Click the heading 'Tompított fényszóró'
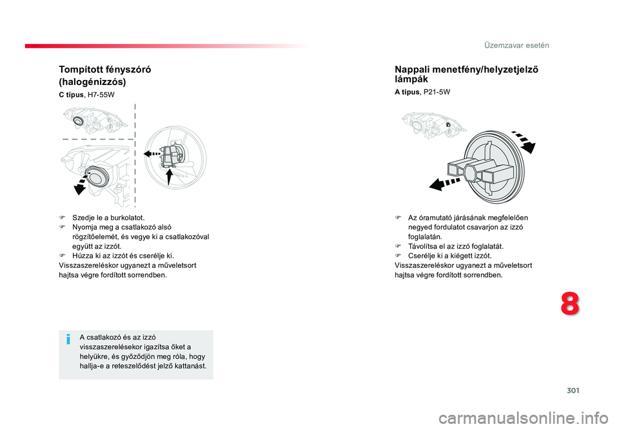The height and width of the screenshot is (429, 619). point(105,70)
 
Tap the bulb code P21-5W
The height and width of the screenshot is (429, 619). point(437,92)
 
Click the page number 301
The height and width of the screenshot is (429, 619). point(573,390)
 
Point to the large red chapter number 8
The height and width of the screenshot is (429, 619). point(570,304)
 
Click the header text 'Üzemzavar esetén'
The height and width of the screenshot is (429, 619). point(516,45)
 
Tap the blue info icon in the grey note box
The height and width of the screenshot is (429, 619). point(68,339)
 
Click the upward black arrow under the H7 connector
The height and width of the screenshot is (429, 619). point(168,176)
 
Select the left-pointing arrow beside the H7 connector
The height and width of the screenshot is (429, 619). point(152,153)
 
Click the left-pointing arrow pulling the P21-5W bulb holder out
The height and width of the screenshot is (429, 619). point(445,184)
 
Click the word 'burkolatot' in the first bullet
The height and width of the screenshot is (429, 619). point(127,218)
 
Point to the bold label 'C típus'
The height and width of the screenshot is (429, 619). point(71,95)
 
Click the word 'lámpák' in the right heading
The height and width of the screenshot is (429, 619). point(411,79)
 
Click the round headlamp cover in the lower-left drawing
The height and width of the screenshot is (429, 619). point(97,177)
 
